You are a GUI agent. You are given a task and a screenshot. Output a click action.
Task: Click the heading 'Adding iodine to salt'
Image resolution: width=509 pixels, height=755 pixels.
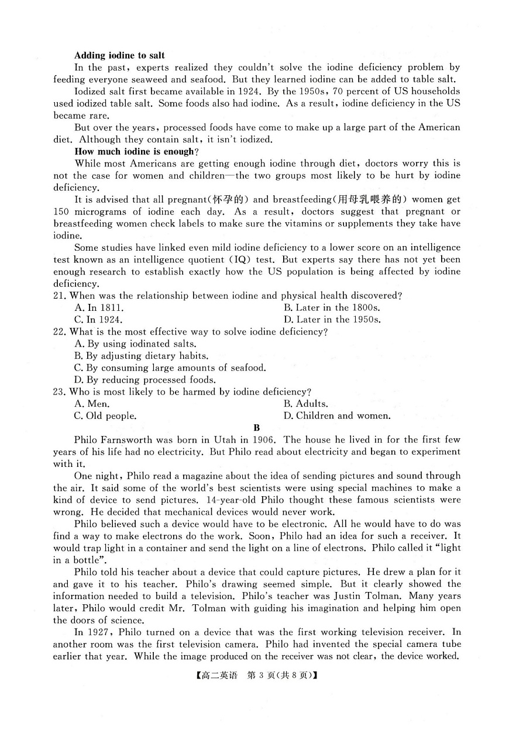(119, 56)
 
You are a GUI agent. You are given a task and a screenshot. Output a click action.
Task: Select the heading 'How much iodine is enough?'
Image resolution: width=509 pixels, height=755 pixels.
(134, 151)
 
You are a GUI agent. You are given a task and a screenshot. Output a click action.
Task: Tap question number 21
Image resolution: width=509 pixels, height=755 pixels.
(59, 296)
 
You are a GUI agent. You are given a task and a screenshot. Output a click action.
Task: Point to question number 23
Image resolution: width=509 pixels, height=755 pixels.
(59, 392)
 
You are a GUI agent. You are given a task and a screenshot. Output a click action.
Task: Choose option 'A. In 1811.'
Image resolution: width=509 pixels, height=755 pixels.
(99, 307)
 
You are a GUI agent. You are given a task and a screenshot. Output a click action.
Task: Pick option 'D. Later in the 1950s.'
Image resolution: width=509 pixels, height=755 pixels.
(332, 320)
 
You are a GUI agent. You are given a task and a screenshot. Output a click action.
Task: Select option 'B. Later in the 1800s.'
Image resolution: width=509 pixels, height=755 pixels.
(332, 307)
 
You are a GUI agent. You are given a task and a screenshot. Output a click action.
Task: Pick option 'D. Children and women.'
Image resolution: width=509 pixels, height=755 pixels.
(337, 416)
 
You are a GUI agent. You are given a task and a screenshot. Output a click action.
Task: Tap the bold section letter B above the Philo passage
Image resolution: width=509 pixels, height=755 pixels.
(256, 428)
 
